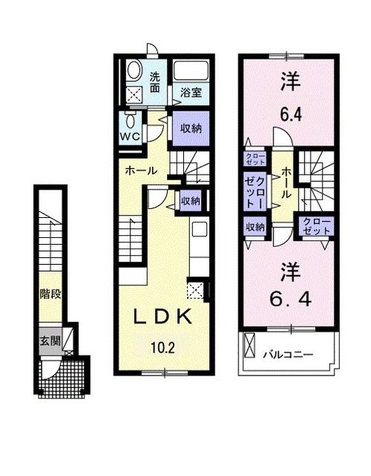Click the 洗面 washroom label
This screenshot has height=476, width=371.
154,82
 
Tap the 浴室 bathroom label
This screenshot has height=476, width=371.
191,93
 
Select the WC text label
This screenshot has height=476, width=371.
130,136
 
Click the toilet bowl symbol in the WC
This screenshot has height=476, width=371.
131,120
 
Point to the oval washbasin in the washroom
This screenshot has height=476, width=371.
134,71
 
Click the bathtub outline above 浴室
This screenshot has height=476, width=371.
191,73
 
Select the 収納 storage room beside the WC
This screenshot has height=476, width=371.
191,129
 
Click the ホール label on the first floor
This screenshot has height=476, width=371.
141,170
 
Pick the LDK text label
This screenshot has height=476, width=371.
164,316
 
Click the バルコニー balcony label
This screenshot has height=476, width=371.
288,355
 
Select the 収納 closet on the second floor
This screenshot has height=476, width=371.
256,227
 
